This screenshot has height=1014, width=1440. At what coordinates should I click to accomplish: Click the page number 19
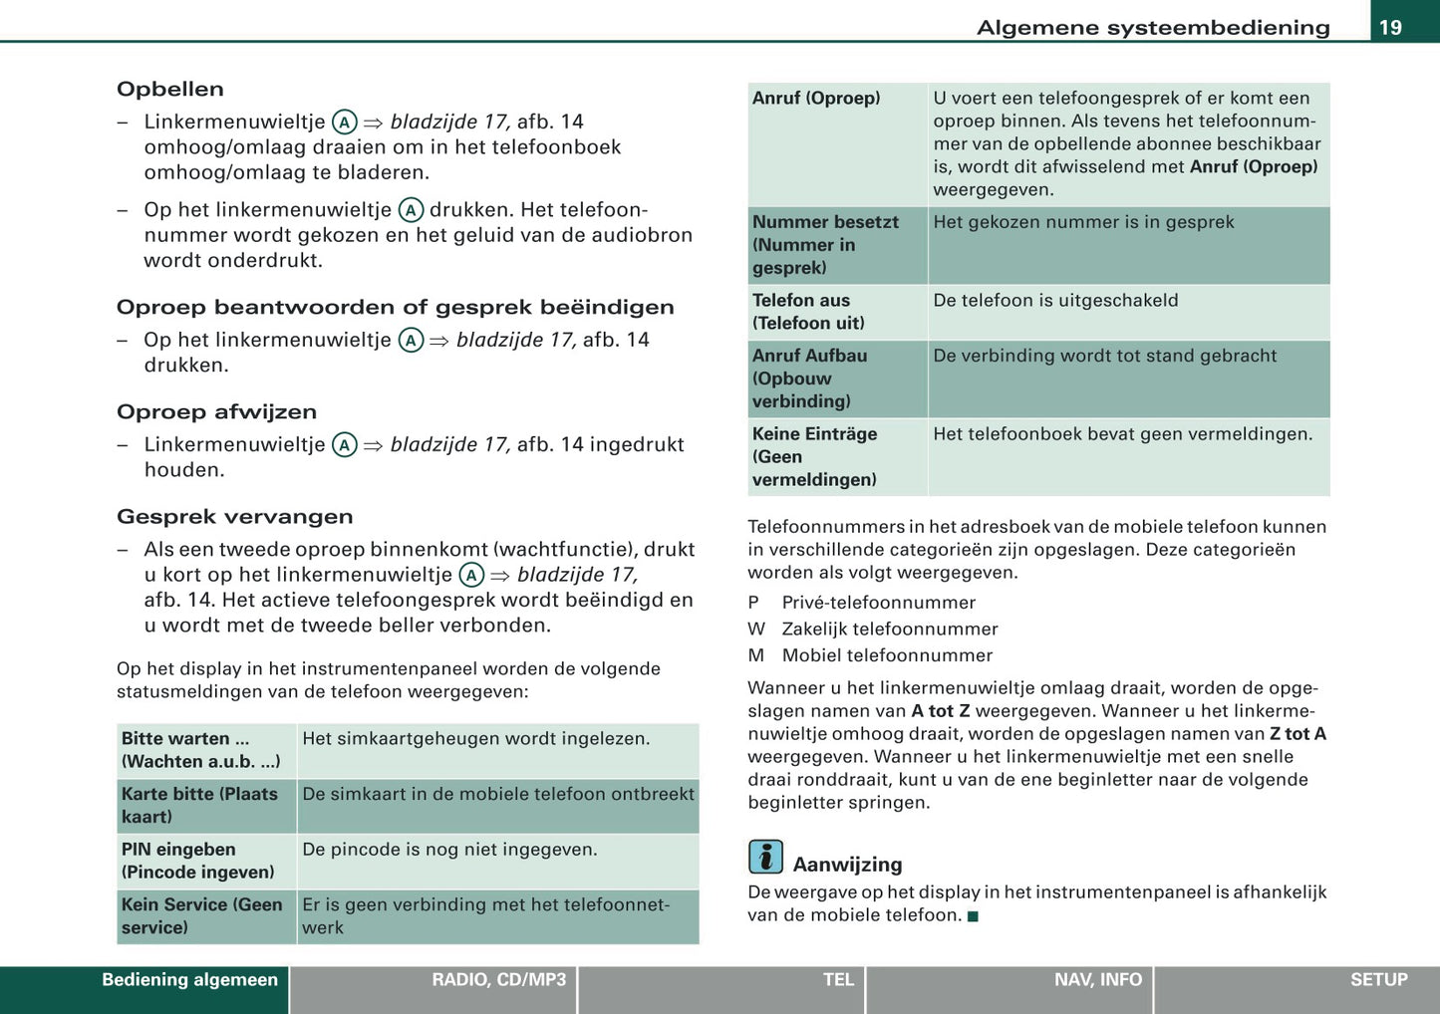pos(1390,27)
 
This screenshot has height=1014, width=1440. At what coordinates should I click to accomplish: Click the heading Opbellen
pos(170,89)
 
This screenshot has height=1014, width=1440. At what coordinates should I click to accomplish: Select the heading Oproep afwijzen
pos(216,411)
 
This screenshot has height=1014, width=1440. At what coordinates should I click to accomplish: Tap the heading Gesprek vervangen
pos(234,516)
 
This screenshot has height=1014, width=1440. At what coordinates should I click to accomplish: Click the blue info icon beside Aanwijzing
pos(765,857)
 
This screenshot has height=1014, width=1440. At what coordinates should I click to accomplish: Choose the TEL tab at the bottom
pos(838,980)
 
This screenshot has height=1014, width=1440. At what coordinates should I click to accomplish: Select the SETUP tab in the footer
pos(1378,980)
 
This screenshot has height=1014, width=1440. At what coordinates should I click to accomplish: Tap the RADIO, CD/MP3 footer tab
pos(498,980)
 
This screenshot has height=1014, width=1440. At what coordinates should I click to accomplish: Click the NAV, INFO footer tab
pos(1097,980)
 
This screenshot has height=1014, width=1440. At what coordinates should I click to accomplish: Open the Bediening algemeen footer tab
pos(189,980)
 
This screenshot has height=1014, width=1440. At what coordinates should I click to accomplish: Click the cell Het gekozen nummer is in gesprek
pos(1083,222)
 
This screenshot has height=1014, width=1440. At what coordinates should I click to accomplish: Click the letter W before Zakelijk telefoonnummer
pos(756,629)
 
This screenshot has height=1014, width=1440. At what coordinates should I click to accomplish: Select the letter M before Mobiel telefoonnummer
pos(755,655)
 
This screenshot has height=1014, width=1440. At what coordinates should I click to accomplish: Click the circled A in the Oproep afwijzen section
pos(344,445)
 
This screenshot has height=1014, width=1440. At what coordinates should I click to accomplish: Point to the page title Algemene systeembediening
pos(1153,27)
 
